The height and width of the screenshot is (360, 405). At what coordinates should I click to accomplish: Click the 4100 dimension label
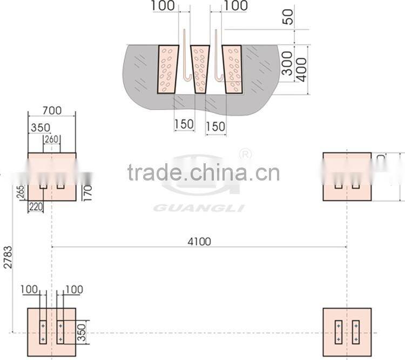tap(199, 242)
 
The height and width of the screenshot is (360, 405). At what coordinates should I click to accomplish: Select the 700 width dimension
tap(51, 111)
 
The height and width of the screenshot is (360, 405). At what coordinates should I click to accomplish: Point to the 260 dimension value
tap(51, 139)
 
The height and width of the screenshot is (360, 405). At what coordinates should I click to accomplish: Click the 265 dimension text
tap(21, 192)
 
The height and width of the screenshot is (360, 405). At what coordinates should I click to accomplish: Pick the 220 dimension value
tap(36, 206)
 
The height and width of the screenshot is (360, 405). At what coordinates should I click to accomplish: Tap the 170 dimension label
tap(89, 192)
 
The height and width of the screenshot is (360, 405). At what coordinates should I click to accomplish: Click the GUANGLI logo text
tap(199, 208)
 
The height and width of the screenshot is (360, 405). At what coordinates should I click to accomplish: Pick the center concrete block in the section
tap(200, 69)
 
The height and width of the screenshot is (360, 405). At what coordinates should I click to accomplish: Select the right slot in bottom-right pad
tap(355, 332)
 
